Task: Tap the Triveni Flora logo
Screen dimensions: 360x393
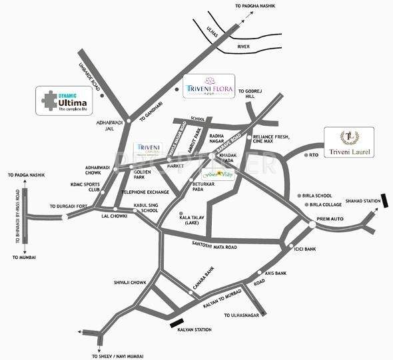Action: (209, 86)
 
